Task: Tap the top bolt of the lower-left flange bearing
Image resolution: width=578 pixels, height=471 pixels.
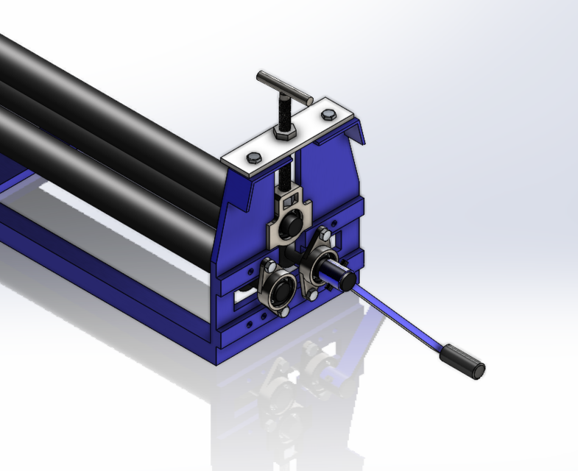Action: (x=269, y=266)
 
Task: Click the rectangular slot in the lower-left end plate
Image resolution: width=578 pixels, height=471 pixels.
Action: (x=243, y=299)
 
